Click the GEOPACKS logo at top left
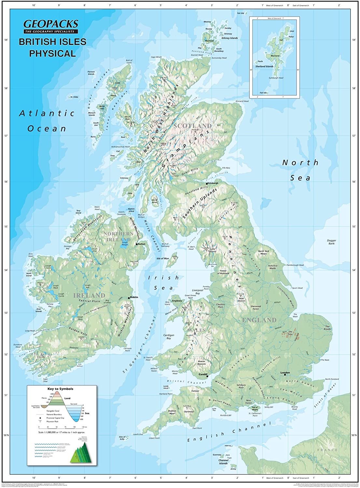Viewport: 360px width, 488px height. coord(51,24)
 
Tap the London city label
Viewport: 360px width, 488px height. coord(285,373)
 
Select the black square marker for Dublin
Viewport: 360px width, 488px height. coord(129,297)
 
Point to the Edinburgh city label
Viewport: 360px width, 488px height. coord(213,183)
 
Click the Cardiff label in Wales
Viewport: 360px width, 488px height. coord(203,374)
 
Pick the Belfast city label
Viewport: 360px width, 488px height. coord(142,244)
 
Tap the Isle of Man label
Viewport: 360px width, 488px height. coord(163,258)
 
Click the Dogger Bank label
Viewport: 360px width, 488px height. coord(331,242)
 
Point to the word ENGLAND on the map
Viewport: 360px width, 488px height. coord(259,320)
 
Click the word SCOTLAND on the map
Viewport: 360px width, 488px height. coord(192,126)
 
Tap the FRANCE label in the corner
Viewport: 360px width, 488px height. coord(328,450)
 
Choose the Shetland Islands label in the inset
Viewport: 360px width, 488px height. coord(264,66)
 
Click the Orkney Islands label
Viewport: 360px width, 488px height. coord(230,38)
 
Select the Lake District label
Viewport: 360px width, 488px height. coord(213,251)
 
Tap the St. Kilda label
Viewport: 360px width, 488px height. coord(74,97)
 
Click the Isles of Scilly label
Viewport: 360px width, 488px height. coord(122,438)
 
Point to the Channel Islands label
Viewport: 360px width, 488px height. coord(223,462)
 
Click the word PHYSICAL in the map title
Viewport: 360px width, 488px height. coord(52,53)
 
